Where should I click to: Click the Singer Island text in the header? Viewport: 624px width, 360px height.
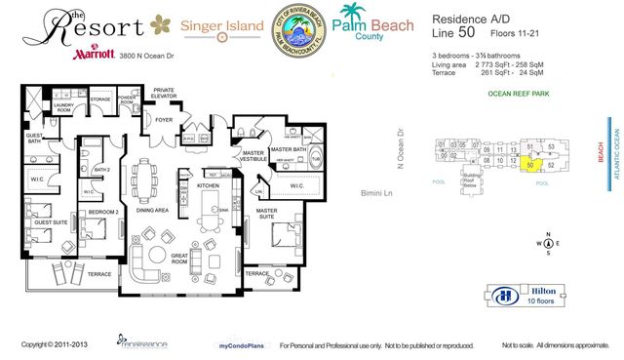pyautogui.click(x=221, y=22)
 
